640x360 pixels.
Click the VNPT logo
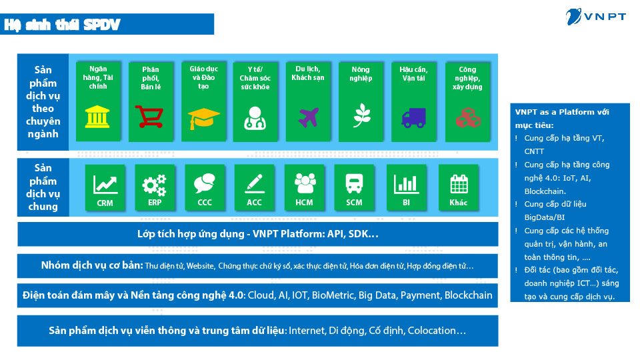click(595, 16)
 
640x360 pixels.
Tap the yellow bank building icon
click(97, 117)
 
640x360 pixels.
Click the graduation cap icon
click(204, 119)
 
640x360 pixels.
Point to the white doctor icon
click(255, 119)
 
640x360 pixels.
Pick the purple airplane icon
click(309, 117)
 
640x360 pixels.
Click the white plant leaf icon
click(361, 115)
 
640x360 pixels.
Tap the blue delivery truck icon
click(414, 118)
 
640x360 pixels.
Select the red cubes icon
click(468, 117)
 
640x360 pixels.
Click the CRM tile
click(105, 188)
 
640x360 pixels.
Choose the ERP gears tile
click(155, 188)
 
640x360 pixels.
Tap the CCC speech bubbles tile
click(205, 188)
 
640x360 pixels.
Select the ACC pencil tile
click(254, 188)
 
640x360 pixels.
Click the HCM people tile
click(305, 188)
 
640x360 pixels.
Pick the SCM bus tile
click(354, 188)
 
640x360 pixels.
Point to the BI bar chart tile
click(406, 188)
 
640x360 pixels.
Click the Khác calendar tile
click(459, 188)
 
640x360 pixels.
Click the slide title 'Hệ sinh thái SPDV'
click(62, 25)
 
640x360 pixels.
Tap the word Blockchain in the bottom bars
click(468, 295)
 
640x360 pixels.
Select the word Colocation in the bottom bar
click(431, 330)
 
